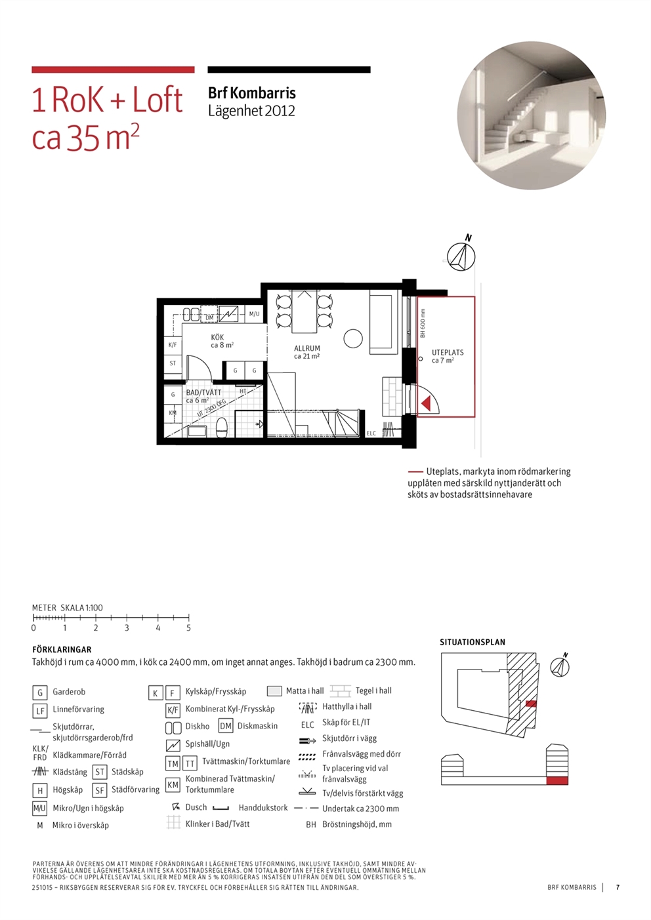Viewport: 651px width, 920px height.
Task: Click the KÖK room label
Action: click(x=217, y=337)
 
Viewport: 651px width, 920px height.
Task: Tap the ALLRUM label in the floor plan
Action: click(x=307, y=348)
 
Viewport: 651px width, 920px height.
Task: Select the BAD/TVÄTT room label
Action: click(x=203, y=393)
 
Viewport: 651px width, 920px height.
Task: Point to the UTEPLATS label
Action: click(x=448, y=352)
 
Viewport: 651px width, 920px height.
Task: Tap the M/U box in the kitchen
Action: click(x=255, y=314)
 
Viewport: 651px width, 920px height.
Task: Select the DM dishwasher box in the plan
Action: click(x=209, y=317)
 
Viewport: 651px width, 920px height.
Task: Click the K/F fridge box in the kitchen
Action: click(x=173, y=345)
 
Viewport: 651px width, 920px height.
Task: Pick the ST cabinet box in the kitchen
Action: click(x=173, y=363)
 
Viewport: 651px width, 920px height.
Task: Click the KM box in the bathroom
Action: click(x=173, y=412)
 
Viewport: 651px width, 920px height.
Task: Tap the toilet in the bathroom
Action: click(x=222, y=428)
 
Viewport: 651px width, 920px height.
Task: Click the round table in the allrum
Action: click(x=353, y=339)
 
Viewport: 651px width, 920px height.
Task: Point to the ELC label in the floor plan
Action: click(x=371, y=433)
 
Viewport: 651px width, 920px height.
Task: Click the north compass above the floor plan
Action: click(x=461, y=257)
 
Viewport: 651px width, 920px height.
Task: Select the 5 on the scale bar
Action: click(x=188, y=628)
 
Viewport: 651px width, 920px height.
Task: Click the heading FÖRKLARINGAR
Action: click(x=62, y=649)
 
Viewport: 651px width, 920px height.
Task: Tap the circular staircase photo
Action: click(x=532, y=115)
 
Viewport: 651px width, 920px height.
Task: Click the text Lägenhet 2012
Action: click(x=251, y=111)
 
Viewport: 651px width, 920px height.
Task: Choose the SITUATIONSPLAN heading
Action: click(x=472, y=642)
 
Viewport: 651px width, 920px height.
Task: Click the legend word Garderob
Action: click(x=69, y=692)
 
